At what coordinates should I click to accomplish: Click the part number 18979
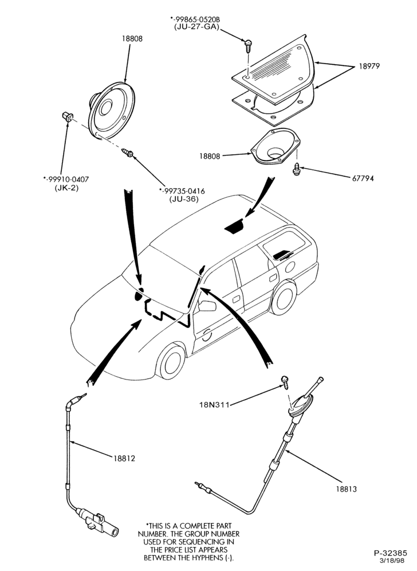click(369, 67)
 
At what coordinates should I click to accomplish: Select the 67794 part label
click(363, 178)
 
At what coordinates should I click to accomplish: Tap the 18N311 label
click(214, 404)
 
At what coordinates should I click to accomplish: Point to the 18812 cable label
click(124, 459)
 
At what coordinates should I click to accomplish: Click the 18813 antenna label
click(346, 489)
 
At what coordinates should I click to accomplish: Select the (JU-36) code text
click(183, 199)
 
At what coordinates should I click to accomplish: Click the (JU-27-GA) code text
click(196, 26)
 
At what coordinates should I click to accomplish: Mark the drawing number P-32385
click(391, 553)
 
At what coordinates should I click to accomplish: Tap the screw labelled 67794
click(297, 169)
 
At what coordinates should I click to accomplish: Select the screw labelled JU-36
click(128, 152)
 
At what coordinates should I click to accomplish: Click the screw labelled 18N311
click(285, 382)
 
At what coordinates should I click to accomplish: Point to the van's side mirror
click(207, 306)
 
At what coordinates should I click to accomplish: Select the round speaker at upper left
click(111, 111)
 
